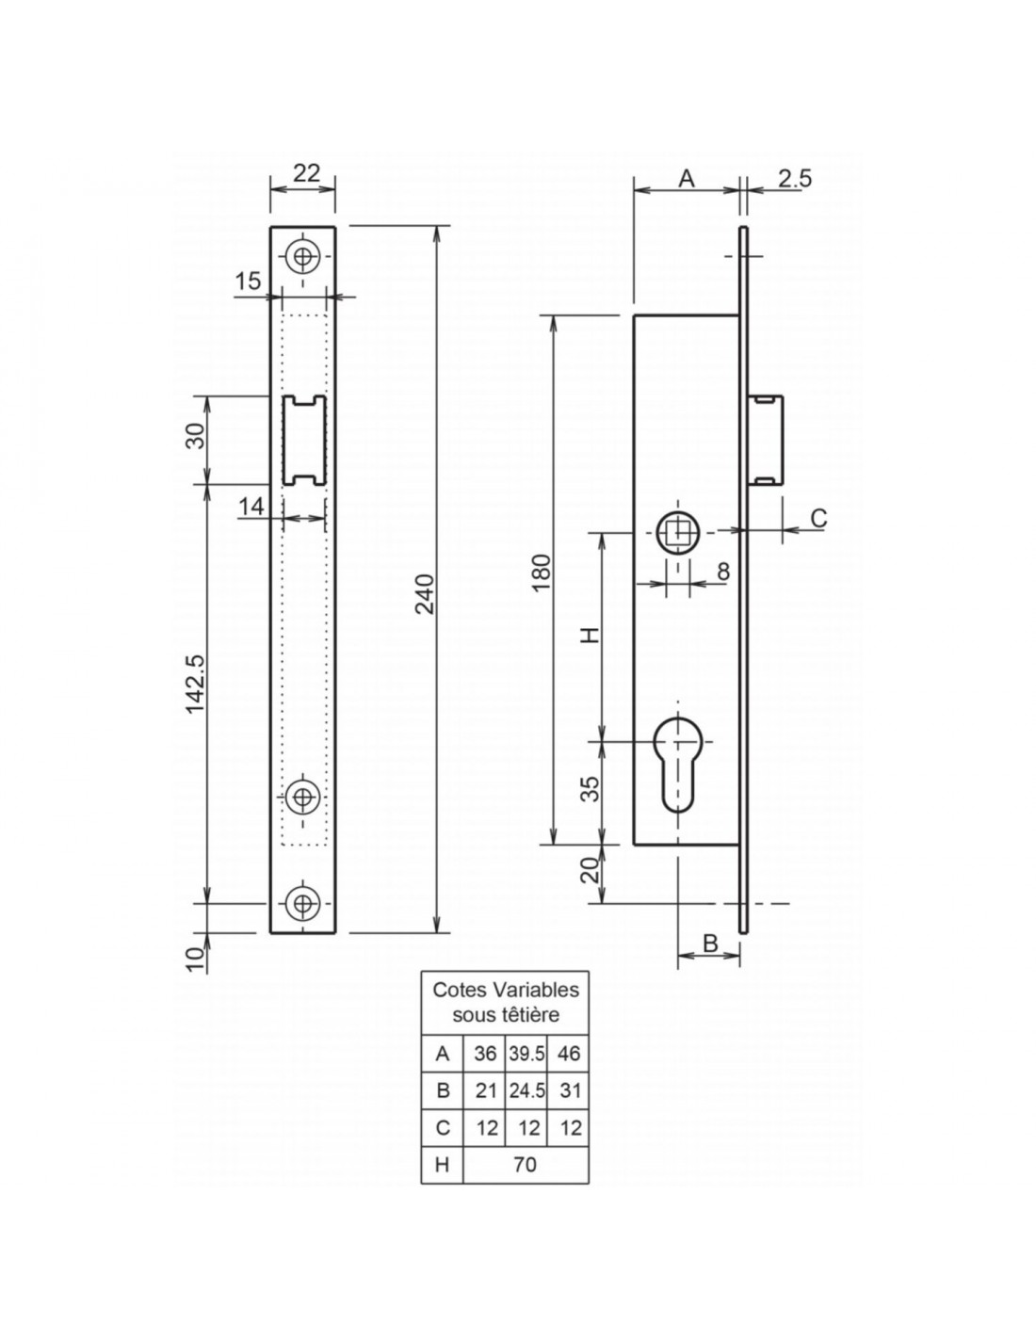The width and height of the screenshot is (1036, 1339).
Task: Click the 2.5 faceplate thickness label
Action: [x=794, y=179]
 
